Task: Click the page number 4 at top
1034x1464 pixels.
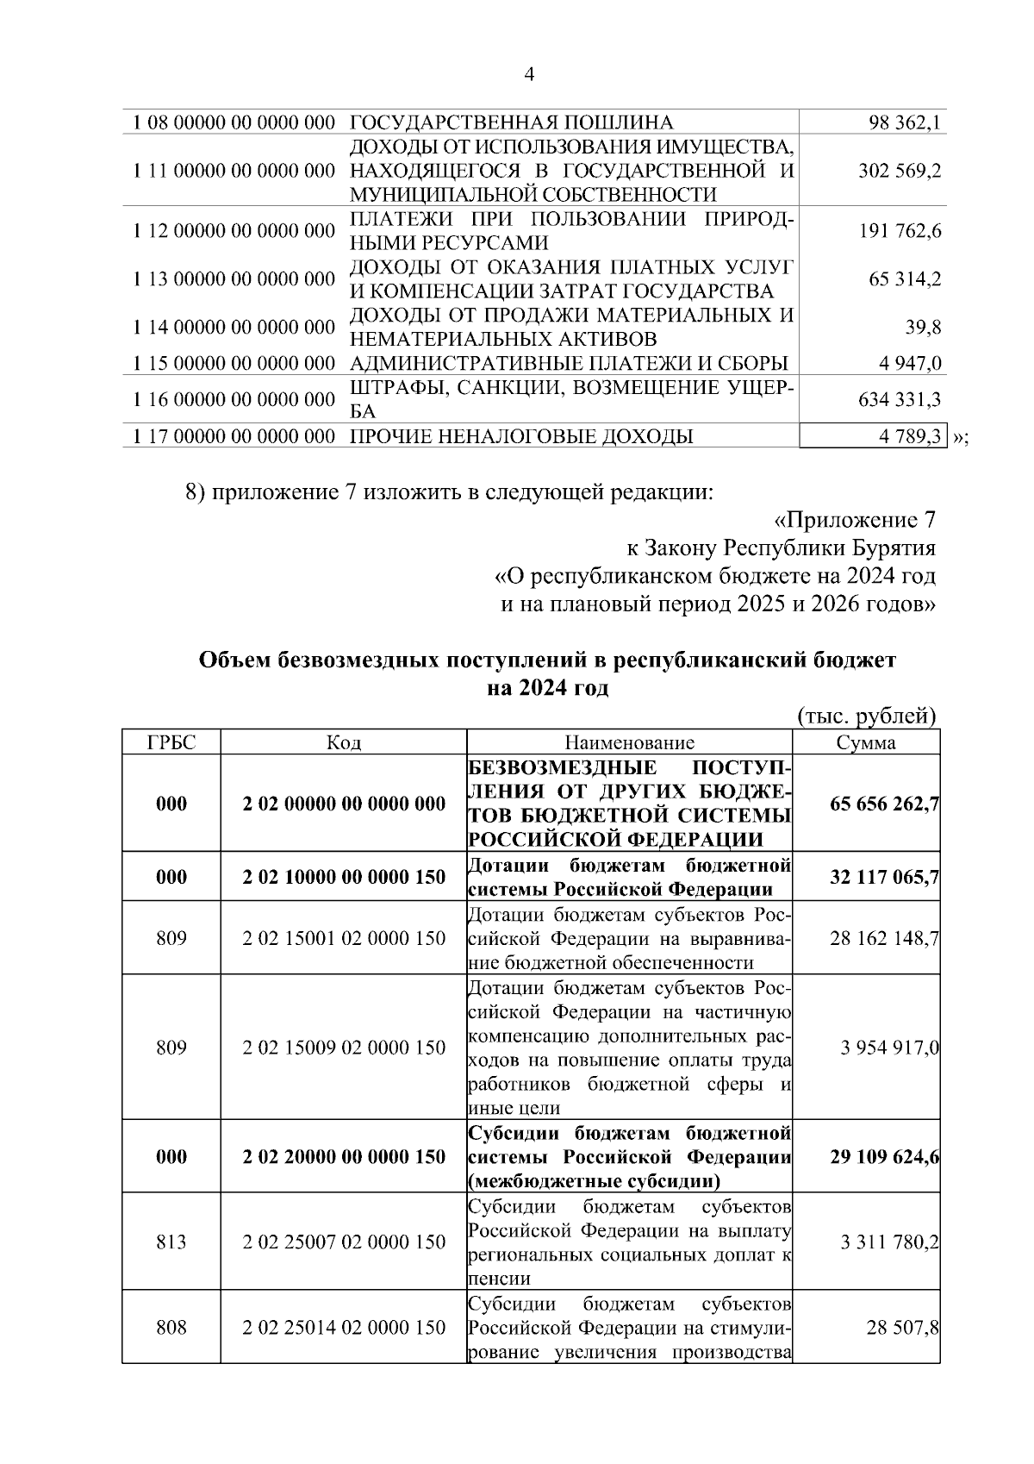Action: point(529,76)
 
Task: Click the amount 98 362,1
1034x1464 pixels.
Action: point(904,122)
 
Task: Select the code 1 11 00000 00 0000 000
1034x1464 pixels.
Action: point(234,171)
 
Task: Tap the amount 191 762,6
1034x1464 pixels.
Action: point(900,231)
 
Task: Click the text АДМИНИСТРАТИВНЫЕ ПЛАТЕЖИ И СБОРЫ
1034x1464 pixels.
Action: point(569,364)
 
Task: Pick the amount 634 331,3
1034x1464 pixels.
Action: point(900,399)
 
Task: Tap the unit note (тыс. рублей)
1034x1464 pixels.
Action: point(866,716)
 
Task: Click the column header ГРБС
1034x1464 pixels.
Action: point(171,743)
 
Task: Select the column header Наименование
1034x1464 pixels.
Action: point(629,743)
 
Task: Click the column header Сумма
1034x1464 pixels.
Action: point(866,743)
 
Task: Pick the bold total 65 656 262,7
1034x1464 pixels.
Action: point(884,804)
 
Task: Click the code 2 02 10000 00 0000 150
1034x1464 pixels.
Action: point(344,877)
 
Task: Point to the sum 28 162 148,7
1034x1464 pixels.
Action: point(884,938)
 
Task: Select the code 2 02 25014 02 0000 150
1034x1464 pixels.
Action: point(344,1327)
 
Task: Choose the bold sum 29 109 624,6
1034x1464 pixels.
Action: point(884,1156)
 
